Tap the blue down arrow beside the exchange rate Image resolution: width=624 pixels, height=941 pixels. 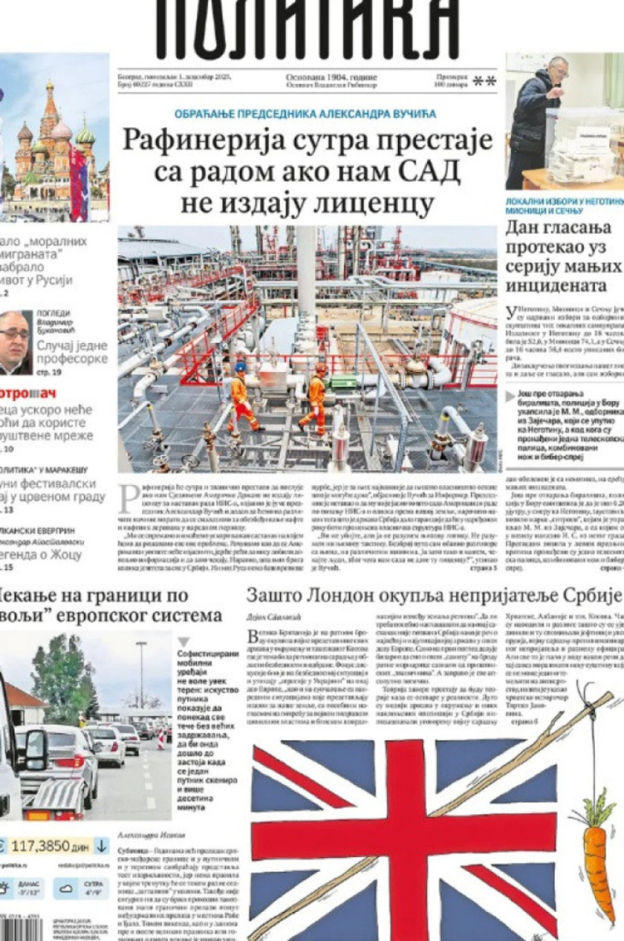pos(101,846)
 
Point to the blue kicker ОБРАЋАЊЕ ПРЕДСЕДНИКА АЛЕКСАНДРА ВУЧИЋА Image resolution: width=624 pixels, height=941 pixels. pos(305,114)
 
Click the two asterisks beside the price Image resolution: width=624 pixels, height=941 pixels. pos(484,82)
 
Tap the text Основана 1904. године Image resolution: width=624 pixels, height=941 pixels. pos(331,77)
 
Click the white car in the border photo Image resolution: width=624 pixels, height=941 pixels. pos(62,752)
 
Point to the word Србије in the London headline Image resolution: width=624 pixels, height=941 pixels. pos(591,595)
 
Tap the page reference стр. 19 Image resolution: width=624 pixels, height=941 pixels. pos(48,372)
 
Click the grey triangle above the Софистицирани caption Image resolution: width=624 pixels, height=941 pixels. pos(183,642)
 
